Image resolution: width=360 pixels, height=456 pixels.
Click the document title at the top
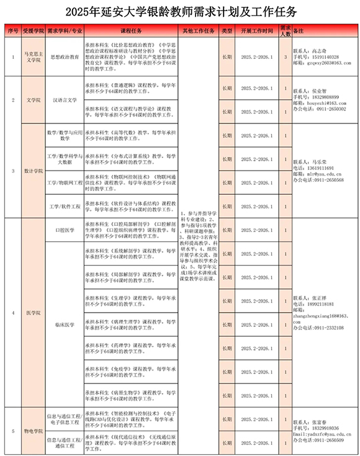[181, 12]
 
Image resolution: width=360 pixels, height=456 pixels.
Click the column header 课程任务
[130, 30]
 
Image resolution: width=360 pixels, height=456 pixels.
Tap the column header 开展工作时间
[256, 30]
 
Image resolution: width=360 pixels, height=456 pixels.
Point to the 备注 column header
[299, 30]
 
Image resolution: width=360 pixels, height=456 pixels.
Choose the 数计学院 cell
[32, 171]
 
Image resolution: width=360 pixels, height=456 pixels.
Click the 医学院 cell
[32, 312]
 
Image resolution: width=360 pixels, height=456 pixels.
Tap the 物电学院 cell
[32, 431]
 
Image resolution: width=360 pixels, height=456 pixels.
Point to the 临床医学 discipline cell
[65, 324]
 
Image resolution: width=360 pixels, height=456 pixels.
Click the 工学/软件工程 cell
[65, 206]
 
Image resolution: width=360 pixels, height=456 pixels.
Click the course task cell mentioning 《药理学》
[130, 347]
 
